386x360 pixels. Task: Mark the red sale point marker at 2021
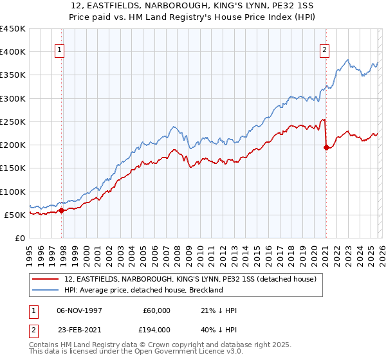click(x=326, y=147)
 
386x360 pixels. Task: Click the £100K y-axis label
click(x=13, y=192)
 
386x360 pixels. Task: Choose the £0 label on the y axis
click(x=20, y=238)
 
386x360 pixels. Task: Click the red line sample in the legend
click(x=46, y=280)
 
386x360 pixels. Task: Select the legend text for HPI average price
click(x=143, y=290)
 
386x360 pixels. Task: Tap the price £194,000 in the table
click(x=156, y=329)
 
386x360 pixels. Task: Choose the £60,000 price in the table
click(x=156, y=310)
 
